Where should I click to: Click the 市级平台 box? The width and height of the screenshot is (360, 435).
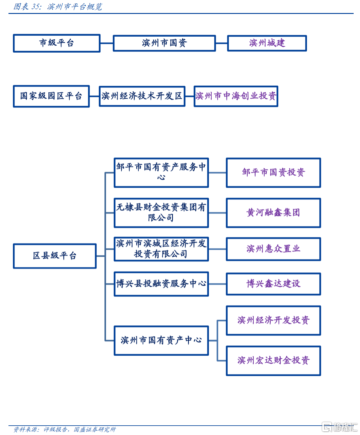click(x=57, y=43)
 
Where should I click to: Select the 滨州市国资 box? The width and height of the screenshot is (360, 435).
click(x=164, y=43)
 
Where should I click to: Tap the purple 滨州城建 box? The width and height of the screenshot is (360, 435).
click(x=267, y=43)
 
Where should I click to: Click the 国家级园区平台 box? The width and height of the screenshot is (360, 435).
click(x=51, y=96)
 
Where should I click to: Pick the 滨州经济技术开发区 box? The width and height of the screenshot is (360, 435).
click(x=142, y=96)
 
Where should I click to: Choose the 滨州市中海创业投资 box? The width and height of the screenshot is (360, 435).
click(x=236, y=96)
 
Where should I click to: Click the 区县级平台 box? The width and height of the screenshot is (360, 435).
click(x=55, y=255)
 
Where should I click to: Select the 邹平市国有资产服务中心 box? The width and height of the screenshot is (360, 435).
click(x=161, y=173)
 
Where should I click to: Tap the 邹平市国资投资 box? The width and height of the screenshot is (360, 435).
click(x=273, y=173)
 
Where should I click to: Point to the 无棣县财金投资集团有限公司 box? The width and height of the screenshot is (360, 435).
click(x=161, y=213)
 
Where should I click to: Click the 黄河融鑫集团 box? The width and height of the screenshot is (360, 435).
click(x=273, y=213)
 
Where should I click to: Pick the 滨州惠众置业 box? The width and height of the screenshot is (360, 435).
click(x=273, y=249)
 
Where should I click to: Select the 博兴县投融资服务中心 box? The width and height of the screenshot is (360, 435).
click(x=161, y=284)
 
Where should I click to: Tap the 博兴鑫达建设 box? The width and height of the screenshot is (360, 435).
click(x=273, y=284)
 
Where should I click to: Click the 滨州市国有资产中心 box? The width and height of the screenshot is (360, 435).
click(x=161, y=340)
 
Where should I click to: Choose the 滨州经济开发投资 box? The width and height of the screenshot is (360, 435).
click(x=273, y=320)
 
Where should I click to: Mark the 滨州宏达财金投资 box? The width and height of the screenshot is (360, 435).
click(x=273, y=361)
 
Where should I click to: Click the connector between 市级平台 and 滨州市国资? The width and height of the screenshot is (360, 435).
click(x=107, y=43)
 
